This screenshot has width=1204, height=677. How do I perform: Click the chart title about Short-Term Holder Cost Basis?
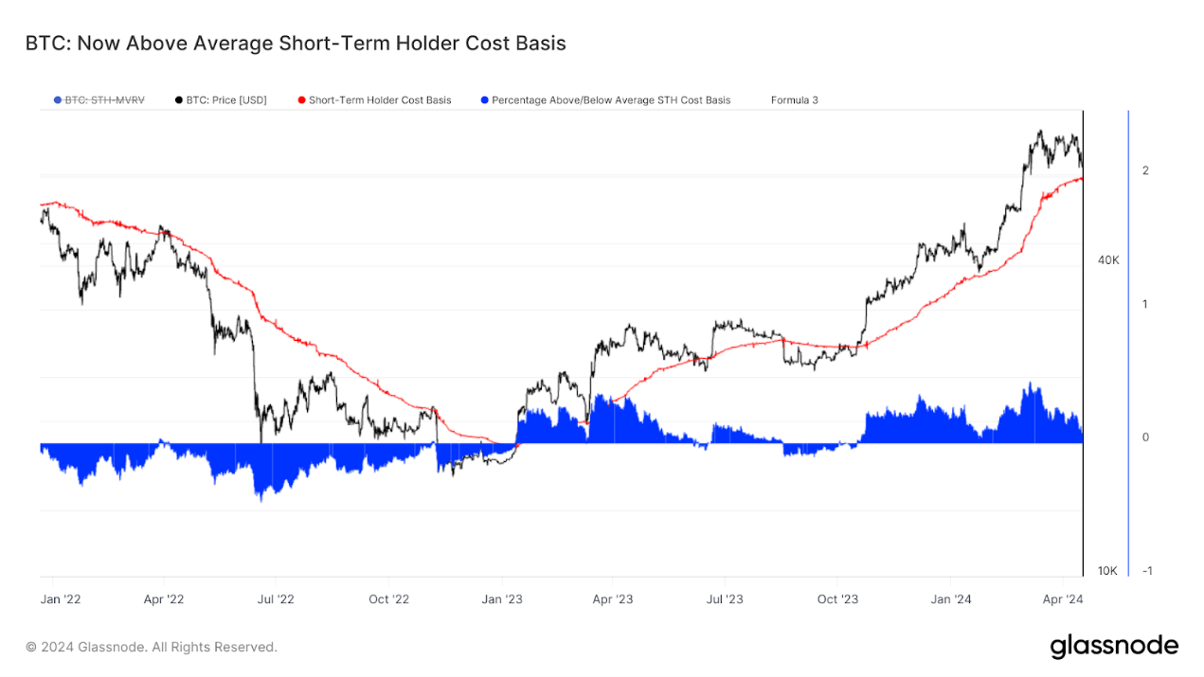(x=296, y=44)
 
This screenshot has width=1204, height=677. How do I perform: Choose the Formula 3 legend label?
(x=795, y=99)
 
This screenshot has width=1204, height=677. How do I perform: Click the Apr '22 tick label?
(x=165, y=599)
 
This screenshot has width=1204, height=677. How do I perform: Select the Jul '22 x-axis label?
(x=276, y=599)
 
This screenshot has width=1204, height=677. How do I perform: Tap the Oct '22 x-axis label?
(x=388, y=599)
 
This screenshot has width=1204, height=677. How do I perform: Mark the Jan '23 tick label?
(x=502, y=599)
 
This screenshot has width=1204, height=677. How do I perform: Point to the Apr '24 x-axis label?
(x=1062, y=599)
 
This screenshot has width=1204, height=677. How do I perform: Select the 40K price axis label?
(x=1108, y=260)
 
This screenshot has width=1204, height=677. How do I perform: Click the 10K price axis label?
(x=1108, y=571)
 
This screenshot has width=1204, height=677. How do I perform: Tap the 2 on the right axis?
(x=1146, y=170)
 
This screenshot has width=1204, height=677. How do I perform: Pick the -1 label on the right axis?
(x=1147, y=571)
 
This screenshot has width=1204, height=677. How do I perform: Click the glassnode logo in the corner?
(x=1114, y=647)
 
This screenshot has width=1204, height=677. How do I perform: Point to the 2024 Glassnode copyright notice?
(x=152, y=648)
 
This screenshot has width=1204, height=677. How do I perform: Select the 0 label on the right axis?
(x=1146, y=437)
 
